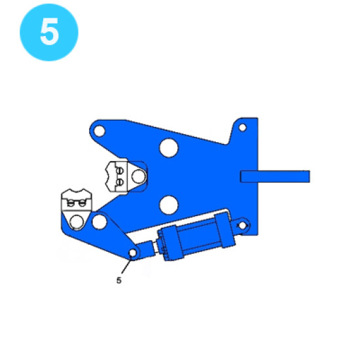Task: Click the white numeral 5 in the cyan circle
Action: click(49, 31)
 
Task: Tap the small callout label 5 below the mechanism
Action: click(118, 280)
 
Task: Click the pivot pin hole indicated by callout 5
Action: click(133, 253)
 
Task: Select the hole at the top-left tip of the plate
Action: click(99, 131)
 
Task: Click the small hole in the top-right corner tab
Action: click(242, 128)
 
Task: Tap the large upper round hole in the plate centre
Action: click(169, 148)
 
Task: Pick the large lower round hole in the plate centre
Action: click(169, 205)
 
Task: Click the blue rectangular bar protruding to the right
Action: click(275, 176)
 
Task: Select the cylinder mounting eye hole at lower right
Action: click(242, 225)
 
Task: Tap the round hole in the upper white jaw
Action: click(139, 176)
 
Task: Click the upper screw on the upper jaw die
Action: click(120, 171)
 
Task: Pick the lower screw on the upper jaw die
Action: click(120, 182)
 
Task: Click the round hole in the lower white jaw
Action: click(77, 222)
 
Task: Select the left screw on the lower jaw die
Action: click(71, 203)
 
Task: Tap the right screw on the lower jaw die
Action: click(82, 203)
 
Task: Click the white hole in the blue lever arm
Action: click(99, 222)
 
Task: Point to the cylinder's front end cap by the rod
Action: click(170, 243)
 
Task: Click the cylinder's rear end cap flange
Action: click(225, 230)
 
